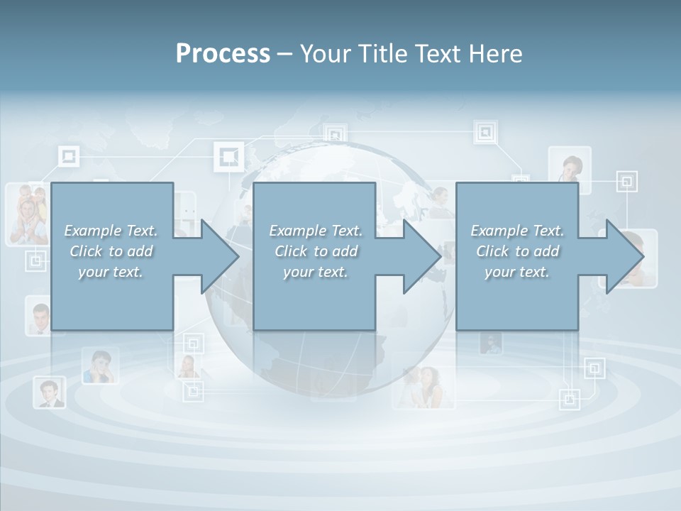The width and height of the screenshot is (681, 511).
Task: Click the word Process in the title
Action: click(x=223, y=54)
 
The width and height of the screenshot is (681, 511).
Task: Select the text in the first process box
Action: click(x=111, y=251)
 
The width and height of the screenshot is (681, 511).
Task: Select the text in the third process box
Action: click(x=517, y=251)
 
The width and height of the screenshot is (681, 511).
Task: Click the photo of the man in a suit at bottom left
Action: click(x=49, y=392)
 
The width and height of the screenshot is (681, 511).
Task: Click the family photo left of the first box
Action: click(x=27, y=214)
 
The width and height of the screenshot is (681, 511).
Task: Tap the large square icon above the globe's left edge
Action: click(x=228, y=156)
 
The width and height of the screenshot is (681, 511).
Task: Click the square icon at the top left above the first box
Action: click(x=68, y=157)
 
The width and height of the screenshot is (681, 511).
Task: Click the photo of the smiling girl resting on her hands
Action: click(x=99, y=366)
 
